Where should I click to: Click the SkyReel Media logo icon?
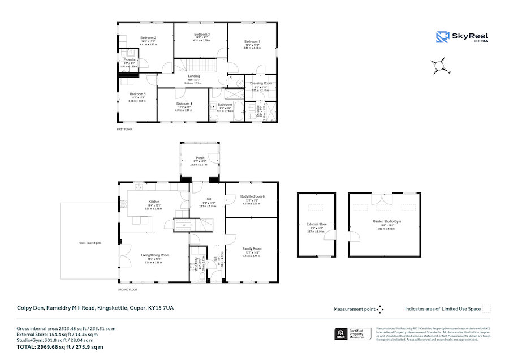coord(442,37)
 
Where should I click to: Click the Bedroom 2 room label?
coord(148,38)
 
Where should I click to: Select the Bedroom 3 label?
coord(202,35)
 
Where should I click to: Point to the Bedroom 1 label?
coord(252,42)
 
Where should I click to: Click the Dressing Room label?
coord(261,83)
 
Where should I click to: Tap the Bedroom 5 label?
coord(137,94)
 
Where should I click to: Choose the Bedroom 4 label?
coord(184,104)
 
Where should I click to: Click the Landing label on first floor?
coord(194,76)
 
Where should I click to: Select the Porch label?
coord(200,158)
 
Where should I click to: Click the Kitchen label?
coord(154,202)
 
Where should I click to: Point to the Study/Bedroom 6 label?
coord(252,196)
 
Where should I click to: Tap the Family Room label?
coord(252,248)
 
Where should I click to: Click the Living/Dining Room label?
coord(155,255)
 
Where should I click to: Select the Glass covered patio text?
coord(90,243)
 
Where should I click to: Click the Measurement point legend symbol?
coord(380,309)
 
